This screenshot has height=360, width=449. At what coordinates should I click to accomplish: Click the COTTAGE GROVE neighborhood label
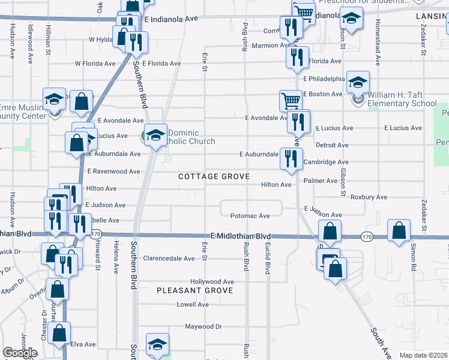pyautogui.click(x=209, y=176)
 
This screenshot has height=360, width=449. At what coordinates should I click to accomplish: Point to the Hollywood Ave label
pyautogui.click(x=212, y=281)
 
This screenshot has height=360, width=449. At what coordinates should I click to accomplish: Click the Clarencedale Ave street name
pyautogui.click(x=169, y=259)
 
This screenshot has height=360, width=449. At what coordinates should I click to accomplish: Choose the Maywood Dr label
pyautogui.click(x=203, y=327)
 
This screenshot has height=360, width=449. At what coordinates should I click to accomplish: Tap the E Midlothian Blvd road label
pyautogui.click(x=240, y=236)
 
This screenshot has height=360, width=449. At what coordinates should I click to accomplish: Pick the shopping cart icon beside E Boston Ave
pyautogui.click(x=291, y=100)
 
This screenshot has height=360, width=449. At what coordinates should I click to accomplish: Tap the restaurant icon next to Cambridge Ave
pyautogui.click(x=290, y=158)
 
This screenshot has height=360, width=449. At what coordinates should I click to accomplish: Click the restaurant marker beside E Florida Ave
pyautogui.click(x=297, y=56)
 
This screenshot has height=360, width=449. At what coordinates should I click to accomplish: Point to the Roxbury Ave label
pyautogui.click(x=369, y=197)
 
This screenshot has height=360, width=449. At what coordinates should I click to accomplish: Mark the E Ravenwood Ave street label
pyautogui.click(x=113, y=171)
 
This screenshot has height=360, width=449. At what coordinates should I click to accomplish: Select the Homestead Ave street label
pyautogui.click(x=378, y=45)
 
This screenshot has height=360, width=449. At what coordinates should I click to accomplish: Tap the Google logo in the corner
pyautogui.click(x=20, y=353)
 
